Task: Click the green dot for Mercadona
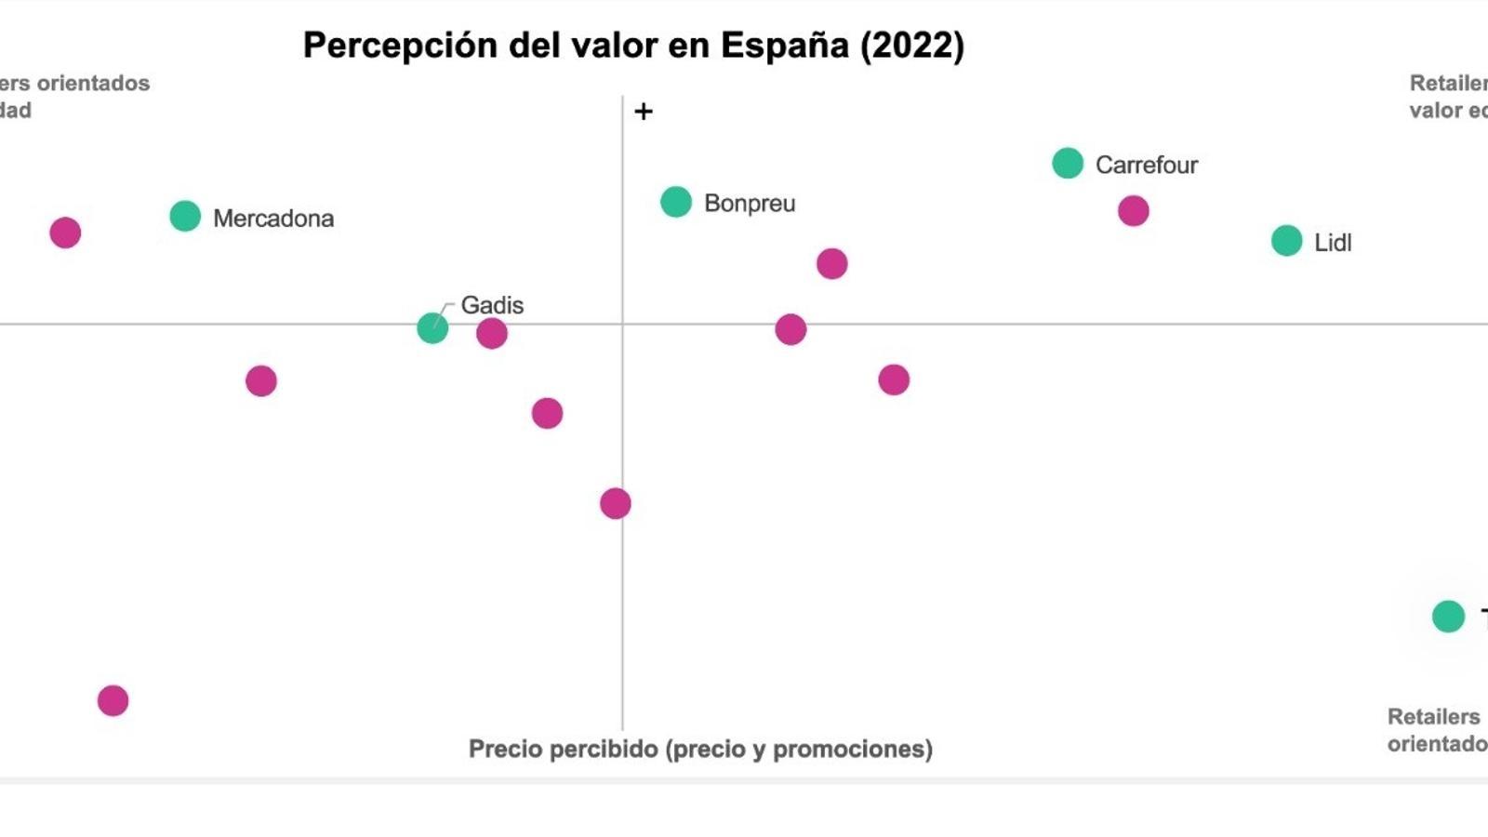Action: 185,216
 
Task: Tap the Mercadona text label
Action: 273,219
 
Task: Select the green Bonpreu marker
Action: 676,202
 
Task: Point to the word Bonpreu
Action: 750,204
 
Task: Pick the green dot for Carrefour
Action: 1068,163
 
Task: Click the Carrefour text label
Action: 1147,166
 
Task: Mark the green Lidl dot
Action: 1287,241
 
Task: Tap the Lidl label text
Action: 1333,243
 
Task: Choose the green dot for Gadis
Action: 432,327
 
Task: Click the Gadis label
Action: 492,305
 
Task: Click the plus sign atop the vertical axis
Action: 644,112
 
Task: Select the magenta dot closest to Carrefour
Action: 1133,211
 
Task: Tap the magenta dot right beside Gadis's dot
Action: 492,333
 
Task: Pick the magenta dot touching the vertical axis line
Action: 615,504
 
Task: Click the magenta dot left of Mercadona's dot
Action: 65,232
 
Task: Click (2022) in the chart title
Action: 912,46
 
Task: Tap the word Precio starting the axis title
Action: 504,750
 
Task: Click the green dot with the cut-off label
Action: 1448,616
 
